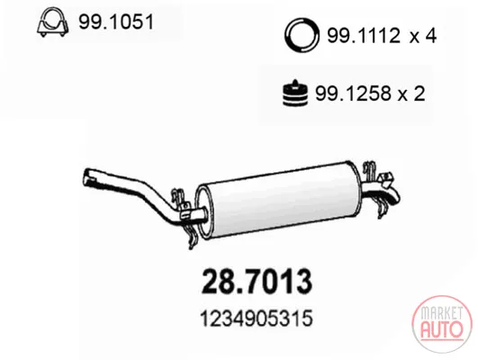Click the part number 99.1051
[x=116, y=22]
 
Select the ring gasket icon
[x=302, y=36]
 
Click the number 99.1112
[x=363, y=36]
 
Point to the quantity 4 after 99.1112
[x=430, y=36]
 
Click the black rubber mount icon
[x=294, y=93]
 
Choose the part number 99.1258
[x=352, y=94]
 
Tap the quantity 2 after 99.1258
[x=419, y=94]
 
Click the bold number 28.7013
[x=257, y=281]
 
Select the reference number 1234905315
[x=256, y=319]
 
